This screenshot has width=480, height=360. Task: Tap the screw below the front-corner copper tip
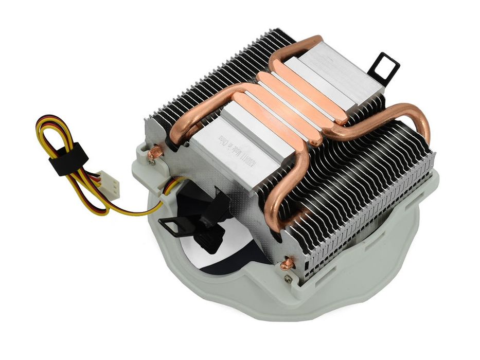pos(288,278)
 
